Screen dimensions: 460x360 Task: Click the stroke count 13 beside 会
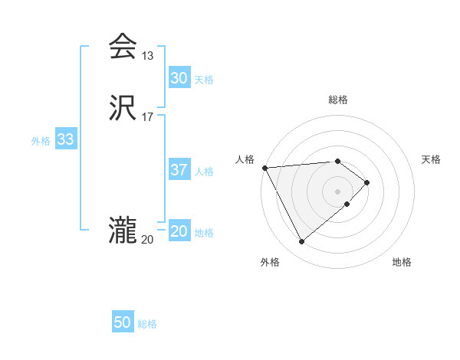[148, 55]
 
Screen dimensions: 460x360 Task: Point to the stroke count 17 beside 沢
[148, 116]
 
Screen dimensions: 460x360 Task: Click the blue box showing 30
[179, 78]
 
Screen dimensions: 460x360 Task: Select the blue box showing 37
[179, 170]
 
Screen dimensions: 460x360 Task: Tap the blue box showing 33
[65, 139]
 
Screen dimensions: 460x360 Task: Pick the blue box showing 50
[123, 322]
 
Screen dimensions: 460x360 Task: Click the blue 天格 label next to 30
[204, 80]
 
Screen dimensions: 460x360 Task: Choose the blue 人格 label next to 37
[204, 172]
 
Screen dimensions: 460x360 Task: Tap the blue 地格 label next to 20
[204, 233]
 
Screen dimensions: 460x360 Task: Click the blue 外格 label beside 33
[41, 141]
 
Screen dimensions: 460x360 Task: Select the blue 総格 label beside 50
[147, 324]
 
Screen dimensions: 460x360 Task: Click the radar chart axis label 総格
[338, 100]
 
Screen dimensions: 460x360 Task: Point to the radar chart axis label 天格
[432, 159]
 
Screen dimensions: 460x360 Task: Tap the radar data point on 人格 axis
[264, 167]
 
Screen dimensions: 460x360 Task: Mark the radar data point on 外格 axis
[301, 242]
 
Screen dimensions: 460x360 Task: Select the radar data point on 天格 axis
[367, 182]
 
